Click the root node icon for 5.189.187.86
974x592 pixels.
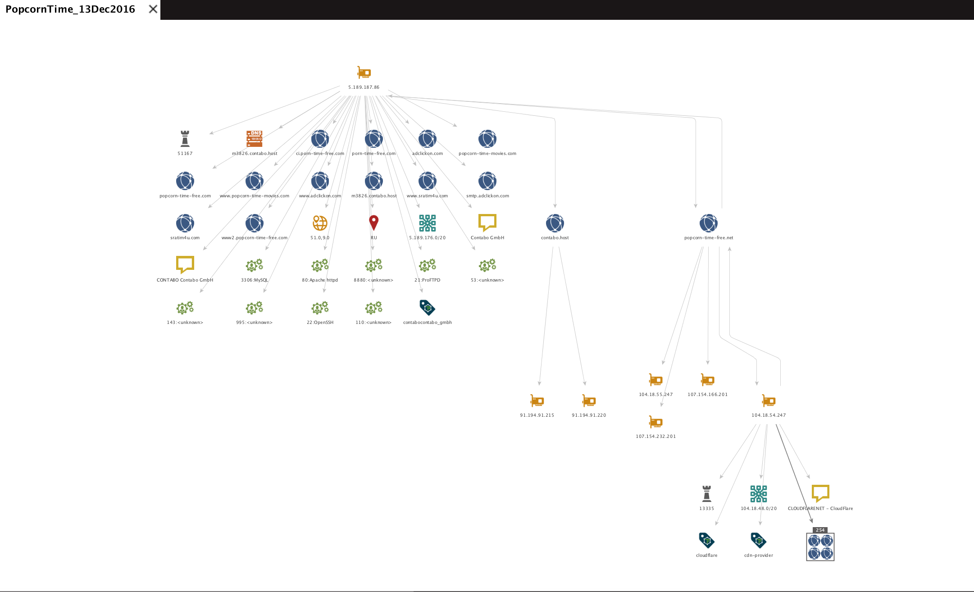[x=364, y=73]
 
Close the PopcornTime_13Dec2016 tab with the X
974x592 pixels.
[x=153, y=9]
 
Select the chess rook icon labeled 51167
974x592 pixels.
[x=185, y=139]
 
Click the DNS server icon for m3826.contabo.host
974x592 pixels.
[x=255, y=139]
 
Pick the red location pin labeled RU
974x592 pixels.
[x=373, y=223]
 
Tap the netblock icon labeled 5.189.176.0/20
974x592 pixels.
[x=427, y=223]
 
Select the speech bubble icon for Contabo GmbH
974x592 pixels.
[x=487, y=223]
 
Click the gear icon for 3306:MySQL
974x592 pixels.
[x=254, y=265]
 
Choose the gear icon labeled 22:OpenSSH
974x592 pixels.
[x=320, y=308]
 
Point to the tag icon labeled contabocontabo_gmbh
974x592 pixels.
[x=427, y=308]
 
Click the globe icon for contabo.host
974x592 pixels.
[x=555, y=223]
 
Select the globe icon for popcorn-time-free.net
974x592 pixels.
[x=708, y=223]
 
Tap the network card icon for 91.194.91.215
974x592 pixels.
[x=537, y=401]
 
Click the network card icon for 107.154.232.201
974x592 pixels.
[x=655, y=422]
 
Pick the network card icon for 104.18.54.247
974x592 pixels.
[x=769, y=401]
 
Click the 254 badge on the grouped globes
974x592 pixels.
[x=820, y=530]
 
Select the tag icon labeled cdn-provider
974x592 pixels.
[x=758, y=540]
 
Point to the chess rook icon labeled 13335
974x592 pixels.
[x=706, y=494]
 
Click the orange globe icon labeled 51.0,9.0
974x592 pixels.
[x=320, y=223]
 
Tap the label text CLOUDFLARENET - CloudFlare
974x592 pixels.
[x=820, y=509]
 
